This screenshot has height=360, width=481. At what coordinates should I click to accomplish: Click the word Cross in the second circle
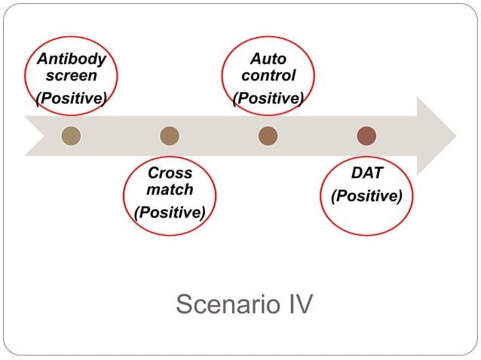pyautogui.click(x=170, y=173)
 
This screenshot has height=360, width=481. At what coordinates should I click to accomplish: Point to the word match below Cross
pyautogui.click(x=170, y=189)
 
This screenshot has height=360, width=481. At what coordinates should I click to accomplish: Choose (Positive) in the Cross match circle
pyautogui.click(x=170, y=212)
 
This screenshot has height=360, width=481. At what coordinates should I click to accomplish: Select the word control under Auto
pyautogui.click(x=268, y=75)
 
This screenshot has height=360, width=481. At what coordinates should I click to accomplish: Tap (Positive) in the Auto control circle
pyautogui.click(x=268, y=98)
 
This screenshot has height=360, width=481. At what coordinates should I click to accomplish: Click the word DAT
pyautogui.click(x=367, y=173)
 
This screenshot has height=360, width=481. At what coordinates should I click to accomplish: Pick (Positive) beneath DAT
pyautogui.click(x=367, y=196)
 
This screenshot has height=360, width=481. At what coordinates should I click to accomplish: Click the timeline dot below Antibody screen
pyautogui.click(x=71, y=136)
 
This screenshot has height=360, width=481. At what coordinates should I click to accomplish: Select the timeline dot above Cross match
pyautogui.click(x=170, y=136)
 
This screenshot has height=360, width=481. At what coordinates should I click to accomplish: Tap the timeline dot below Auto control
pyautogui.click(x=268, y=136)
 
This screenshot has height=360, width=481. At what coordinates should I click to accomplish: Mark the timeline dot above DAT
pyautogui.click(x=366, y=136)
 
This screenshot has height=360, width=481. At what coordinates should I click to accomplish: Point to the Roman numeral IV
pyautogui.click(x=296, y=305)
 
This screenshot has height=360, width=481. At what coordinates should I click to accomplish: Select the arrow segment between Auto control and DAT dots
pyautogui.click(x=317, y=136)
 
